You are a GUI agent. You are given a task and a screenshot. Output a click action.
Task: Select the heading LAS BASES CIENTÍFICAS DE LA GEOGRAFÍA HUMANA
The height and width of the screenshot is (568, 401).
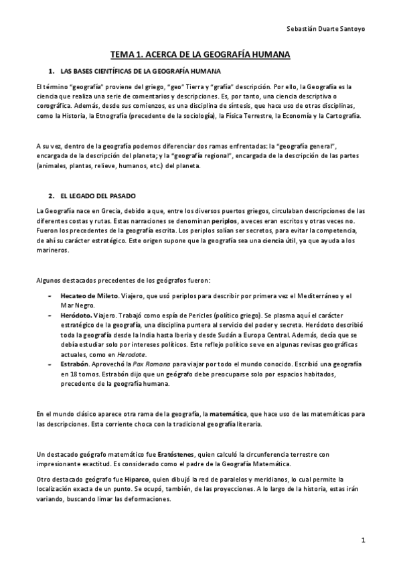coord(141,71)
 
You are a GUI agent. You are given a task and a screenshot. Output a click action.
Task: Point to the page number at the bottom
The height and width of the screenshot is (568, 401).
coord(362,539)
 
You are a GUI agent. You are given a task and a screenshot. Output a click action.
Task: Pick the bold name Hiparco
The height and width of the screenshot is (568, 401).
coord(137,479)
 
